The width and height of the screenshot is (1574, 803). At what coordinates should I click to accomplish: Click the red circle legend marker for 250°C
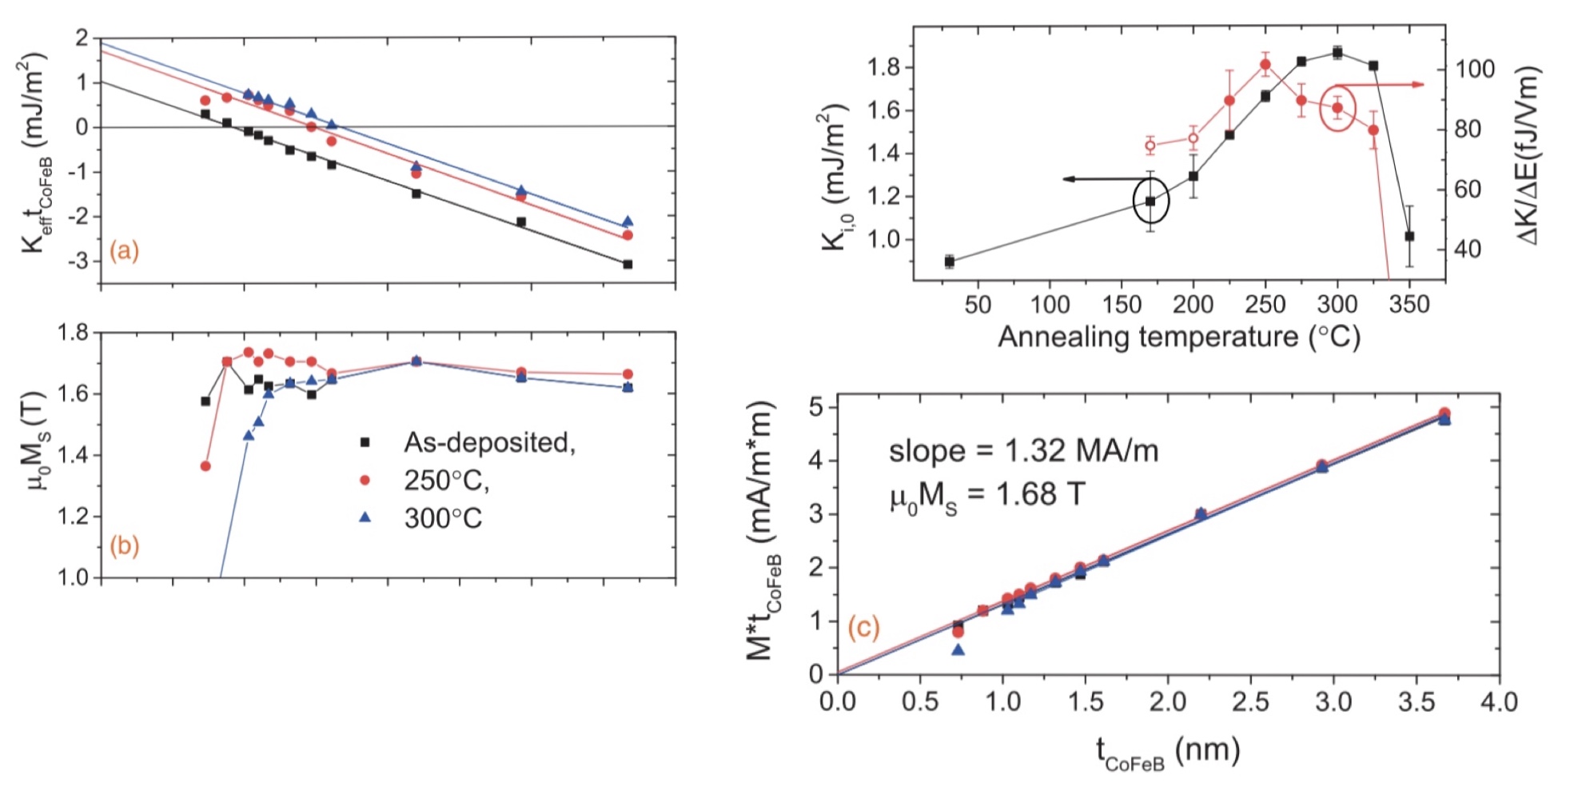click(x=365, y=480)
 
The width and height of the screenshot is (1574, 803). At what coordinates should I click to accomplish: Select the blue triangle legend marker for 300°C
click(x=365, y=517)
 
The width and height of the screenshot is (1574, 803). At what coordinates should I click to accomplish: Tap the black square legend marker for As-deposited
click(x=365, y=441)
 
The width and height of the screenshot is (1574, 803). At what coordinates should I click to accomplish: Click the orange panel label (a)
click(x=124, y=251)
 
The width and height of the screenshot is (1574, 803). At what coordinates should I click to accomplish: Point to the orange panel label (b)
click(x=124, y=545)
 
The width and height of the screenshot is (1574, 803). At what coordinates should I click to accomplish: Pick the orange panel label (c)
click(x=863, y=627)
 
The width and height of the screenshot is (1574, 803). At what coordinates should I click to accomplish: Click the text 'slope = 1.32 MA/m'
click(x=1023, y=452)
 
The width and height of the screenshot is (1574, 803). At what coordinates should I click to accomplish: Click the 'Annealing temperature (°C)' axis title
click(x=1178, y=337)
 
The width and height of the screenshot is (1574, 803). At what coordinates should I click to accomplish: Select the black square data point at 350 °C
click(x=1409, y=236)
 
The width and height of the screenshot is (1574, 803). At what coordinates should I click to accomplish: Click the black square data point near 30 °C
click(x=950, y=261)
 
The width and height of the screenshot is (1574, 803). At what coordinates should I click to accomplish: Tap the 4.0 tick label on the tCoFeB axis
click(x=1498, y=702)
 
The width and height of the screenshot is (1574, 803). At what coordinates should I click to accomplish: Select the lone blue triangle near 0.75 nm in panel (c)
click(x=958, y=649)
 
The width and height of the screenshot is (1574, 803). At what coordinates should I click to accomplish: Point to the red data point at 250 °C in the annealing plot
click(x=1265, y=65)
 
